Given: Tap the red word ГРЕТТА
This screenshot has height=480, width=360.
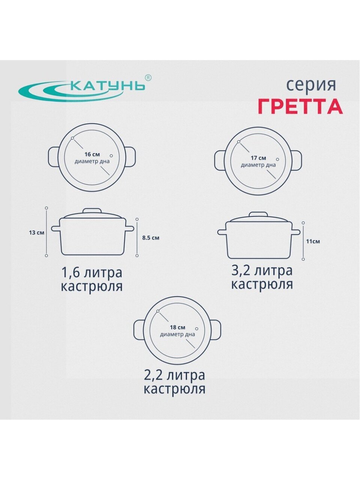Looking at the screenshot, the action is click(300, 107).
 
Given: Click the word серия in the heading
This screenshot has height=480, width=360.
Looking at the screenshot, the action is click(311, 85).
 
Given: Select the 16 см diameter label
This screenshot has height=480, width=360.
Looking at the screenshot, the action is click(92, 154).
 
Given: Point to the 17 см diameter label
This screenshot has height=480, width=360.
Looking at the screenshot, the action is click(258, 158).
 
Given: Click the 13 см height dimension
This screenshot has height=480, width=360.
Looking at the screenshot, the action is click(36, 232).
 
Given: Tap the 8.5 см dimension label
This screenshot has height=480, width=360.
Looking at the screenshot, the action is click(151, 238).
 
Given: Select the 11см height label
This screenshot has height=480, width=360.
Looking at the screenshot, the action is click(313, 241).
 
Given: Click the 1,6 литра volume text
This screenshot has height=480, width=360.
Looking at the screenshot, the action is click(92, 273).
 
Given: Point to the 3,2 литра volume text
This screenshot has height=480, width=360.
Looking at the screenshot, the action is click(262, 270).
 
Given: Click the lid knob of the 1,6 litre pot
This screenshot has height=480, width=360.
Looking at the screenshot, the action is click(93, 210).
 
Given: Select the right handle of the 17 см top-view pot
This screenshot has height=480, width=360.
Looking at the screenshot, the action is click(297, 159).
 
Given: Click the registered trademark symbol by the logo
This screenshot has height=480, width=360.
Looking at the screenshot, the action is click(148, 78).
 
